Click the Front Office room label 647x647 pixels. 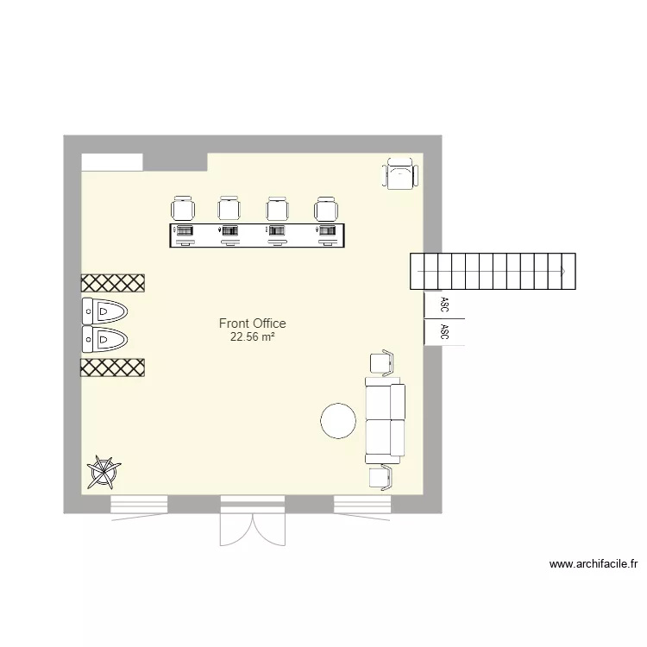click(x=252, y=323)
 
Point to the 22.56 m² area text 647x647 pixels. click(x=252, y=337)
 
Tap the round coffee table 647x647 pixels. click(x=338, y=421)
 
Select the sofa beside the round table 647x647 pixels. click(x=385, y=419)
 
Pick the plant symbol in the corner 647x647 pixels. click(x=104, y=472)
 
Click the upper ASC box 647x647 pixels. click(x=444, y=305)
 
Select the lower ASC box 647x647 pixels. click(x=444, y=332)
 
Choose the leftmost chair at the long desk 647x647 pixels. click(x=183, y=209)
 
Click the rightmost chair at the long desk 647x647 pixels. click(x=326, y=209)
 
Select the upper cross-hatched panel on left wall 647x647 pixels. click(x=112, y=283)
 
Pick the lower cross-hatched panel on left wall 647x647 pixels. click(x=112, y=367)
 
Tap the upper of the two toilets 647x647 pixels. click(x=105, y=311)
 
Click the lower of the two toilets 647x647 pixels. click(x=105, y=338)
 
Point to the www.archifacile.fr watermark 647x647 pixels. click(x=594, y=565)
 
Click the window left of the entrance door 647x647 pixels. click(x=139, y=505)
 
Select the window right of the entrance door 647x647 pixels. click(x=362, y=505)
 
